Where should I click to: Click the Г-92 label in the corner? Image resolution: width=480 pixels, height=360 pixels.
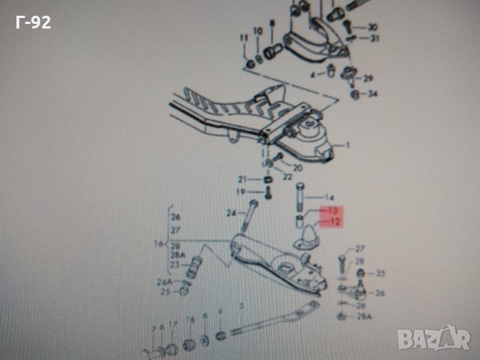(x=32, y=22)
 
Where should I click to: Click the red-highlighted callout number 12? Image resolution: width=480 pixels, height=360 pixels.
(x=334, y=222)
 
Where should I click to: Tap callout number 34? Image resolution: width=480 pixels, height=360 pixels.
(x=373, y=94)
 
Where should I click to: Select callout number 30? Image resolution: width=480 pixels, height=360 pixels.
(x=373, y=28)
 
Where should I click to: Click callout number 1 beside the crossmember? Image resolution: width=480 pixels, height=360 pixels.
(x=347, y=144)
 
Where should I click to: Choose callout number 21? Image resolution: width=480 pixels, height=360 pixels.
(x=242, y=180)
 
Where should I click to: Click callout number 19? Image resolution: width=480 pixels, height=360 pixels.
(x=241, y=193)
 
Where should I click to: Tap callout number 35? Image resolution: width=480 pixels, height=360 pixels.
(x=379, y=273)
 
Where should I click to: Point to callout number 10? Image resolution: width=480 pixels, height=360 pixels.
(x=258, y=31)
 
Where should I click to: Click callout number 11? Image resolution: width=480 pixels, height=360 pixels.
(x=243, y=37)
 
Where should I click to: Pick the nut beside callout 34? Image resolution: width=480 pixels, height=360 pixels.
(x=355, y=94)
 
